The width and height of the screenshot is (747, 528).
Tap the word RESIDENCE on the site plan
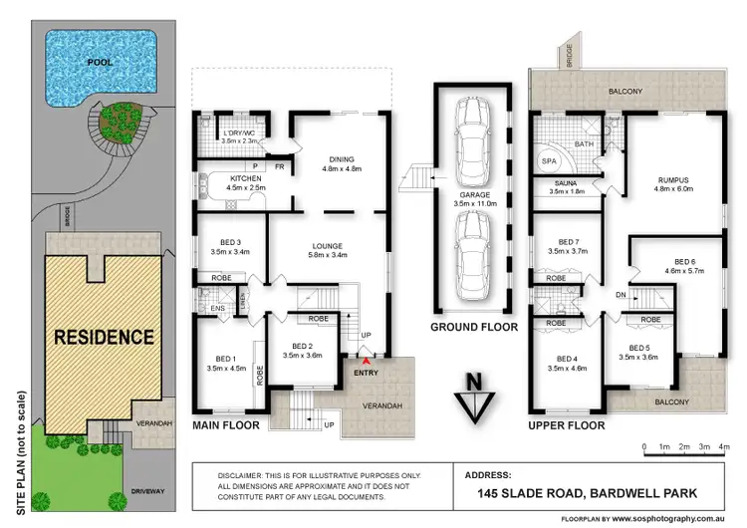(104, 336)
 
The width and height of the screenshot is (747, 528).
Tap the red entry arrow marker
(366, 360)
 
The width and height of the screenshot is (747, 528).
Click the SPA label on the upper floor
(549, 161)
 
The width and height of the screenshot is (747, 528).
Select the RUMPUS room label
(674, 180)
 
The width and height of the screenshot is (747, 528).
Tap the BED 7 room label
(568, 243)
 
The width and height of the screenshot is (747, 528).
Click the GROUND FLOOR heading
(472, 327)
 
